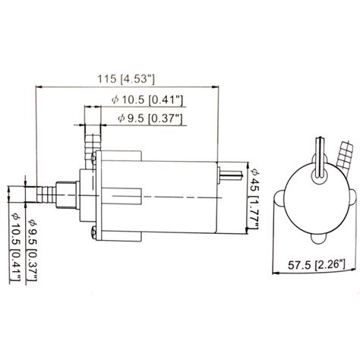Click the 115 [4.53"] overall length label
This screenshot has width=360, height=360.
[x=126, y=79]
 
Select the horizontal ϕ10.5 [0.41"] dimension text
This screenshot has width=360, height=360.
[x=147, y=100]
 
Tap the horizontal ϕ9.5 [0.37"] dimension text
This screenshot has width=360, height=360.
[x=150, y=118]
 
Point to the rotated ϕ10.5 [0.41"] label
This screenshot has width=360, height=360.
[x=15, y=247]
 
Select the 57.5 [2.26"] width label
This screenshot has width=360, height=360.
[x=316, y=265]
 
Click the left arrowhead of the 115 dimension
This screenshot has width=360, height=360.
[x=39, y=87]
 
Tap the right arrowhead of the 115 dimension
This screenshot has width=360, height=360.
[x=215, y=87]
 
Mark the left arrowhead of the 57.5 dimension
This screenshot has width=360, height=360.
[x=276, y=273]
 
